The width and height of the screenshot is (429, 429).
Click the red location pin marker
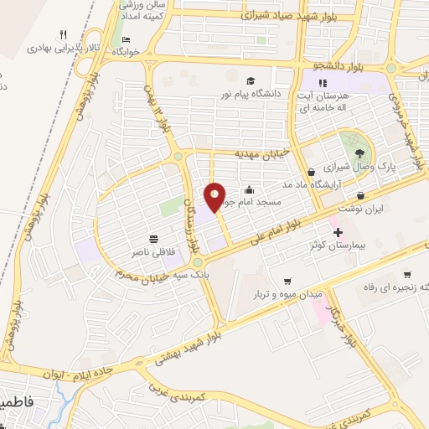(x=215, y=198)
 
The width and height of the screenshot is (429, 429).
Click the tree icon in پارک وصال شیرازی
(x=360, y=152)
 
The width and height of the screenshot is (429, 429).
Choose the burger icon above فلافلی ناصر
(x=153, y=238)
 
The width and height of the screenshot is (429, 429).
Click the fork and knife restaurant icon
(x=63, y=35)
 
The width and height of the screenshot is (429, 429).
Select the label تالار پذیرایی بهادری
(x=65, y=49)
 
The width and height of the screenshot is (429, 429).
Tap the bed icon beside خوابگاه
(x=126, y=40)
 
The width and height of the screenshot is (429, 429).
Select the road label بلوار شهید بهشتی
(x=189, y=346)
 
